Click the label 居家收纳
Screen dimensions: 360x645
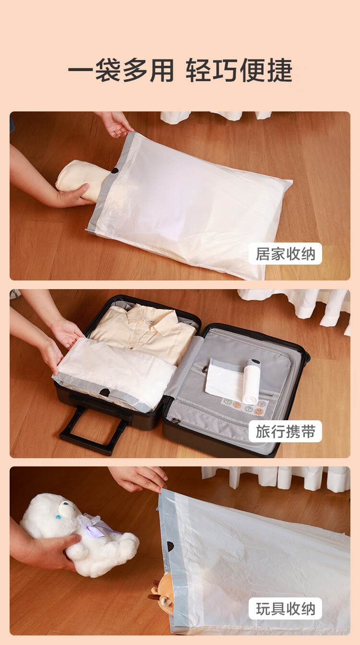[285, 254]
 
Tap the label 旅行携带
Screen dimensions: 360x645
[285, 431]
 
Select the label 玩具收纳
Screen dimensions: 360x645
[285, 608]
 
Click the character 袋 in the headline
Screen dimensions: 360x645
[108, 70]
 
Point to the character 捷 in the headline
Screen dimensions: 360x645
[280, 70]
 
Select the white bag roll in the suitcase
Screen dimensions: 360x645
[252, 381]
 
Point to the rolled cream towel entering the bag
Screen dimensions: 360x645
[82, 180]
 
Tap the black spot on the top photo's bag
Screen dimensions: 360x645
[115, 170]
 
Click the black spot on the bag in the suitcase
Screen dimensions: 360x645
[105, 392]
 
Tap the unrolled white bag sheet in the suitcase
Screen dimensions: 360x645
[225, 377]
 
